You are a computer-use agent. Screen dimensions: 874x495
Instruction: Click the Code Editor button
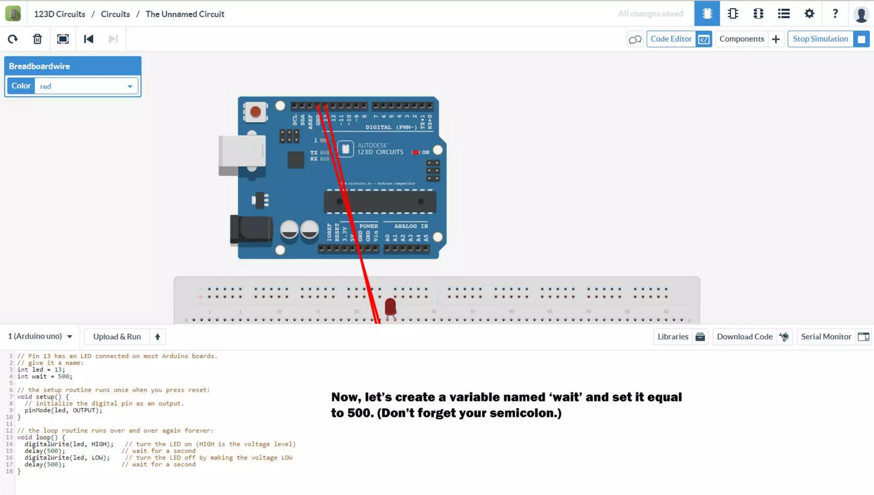[679, 39]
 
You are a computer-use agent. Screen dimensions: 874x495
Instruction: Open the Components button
[749, 39]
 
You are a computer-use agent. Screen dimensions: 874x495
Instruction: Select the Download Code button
[752, 337]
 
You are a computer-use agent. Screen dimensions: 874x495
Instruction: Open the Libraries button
[680, 337]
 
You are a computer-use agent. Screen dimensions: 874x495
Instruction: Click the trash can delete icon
[38, 39]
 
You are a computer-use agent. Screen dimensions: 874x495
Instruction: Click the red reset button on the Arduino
[255, 112]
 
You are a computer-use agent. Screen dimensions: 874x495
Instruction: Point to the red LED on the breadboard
[390, 307]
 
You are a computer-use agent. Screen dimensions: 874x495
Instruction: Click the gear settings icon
[809, 14]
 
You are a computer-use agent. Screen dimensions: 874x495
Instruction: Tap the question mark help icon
[835, 14]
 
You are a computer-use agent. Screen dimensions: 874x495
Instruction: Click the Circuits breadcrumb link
[115, 14]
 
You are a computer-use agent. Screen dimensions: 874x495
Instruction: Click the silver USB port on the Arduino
[242, 154]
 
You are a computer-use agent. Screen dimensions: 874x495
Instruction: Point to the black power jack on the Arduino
[251, 230]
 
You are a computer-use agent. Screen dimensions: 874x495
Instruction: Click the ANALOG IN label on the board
[411, 226]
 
